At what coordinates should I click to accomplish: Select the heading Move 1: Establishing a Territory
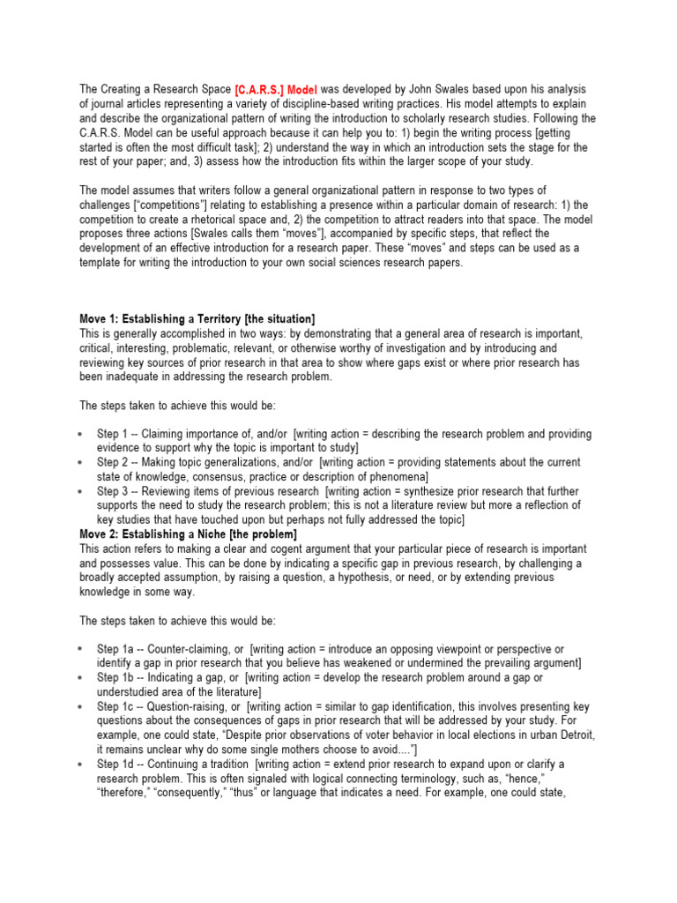197,318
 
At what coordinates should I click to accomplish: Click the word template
101,262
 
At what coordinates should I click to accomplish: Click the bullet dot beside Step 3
80,491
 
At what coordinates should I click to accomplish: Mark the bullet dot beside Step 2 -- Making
80,462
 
